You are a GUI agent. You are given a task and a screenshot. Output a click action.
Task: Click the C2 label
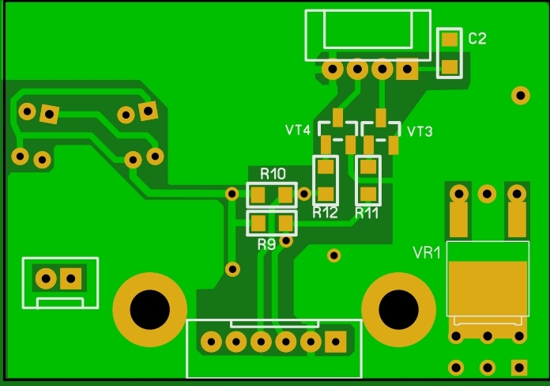477,39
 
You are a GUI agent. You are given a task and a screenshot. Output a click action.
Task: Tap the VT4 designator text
298,131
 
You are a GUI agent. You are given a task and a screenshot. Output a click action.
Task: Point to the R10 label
273,173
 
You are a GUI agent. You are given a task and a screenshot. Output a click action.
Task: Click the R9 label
266,244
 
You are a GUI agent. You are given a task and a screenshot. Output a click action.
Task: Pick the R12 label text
325,213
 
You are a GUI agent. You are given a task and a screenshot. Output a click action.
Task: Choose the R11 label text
367,213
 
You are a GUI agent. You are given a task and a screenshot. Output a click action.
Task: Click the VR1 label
427,253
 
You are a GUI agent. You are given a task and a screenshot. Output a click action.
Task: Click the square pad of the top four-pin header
408,70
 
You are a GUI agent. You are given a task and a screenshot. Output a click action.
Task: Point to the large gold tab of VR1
487,288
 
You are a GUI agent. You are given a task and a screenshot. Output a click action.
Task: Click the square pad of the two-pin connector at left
72,278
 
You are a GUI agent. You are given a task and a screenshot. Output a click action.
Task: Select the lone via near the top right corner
520,95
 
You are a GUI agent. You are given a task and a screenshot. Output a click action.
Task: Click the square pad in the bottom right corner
518,367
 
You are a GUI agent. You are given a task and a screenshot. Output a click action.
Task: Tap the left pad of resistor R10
258,194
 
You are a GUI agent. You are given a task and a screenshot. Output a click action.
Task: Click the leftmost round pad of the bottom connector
210,342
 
